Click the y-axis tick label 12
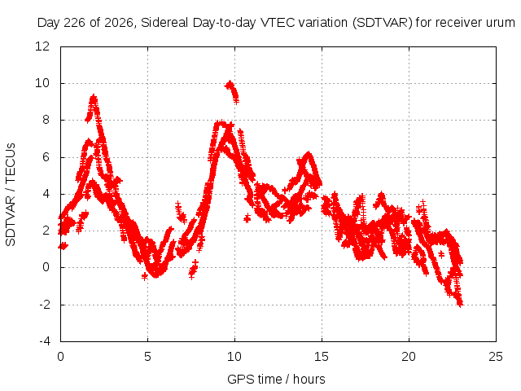point(42,46)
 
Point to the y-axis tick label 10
point(42,83)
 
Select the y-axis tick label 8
point(46,120)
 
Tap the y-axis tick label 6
point(46,157)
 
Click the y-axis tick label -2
point(44,304)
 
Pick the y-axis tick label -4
point(44,341)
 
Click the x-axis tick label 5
point(147,357)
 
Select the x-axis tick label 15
point(322,357)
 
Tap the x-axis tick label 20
point(409,357)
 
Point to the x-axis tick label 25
point(496,357)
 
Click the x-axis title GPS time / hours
point(276,380)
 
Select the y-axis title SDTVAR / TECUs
point(11,195)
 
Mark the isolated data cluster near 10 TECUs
point(232,92)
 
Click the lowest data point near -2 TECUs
point(461,304)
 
